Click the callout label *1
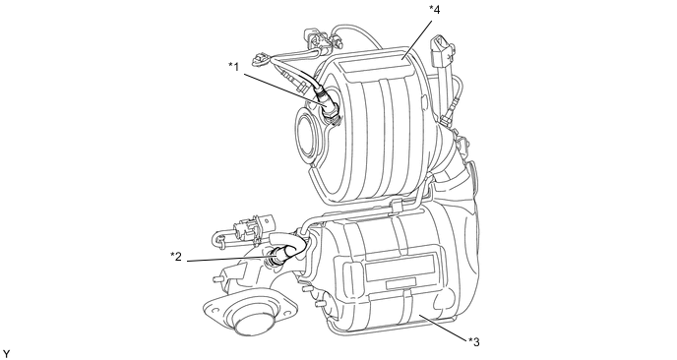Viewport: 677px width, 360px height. point(233,67)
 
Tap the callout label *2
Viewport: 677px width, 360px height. point(176,257)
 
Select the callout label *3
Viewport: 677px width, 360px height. point(473,342)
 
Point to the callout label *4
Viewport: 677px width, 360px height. point(434,10)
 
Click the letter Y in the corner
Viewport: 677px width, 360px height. point(6,354)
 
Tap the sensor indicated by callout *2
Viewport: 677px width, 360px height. point(279,255)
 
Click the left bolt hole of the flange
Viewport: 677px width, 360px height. point(211,308)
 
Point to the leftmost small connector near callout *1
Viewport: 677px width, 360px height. point(261,58)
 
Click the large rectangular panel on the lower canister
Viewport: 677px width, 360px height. point(400,265)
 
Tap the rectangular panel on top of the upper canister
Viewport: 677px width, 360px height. point(375,68)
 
